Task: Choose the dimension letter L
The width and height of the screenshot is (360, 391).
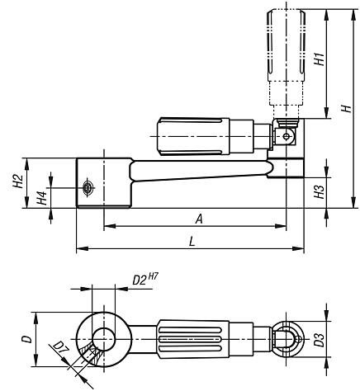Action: pyautogui.click(x=192, y=241)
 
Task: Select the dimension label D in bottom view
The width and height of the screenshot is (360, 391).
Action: pyautogui.click(x=26, y=339)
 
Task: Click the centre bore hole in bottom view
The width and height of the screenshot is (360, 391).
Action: pyautogui.click(x=103, y=338)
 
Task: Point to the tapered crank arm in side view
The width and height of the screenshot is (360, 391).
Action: pyautogui.click(x=198, y=171)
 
